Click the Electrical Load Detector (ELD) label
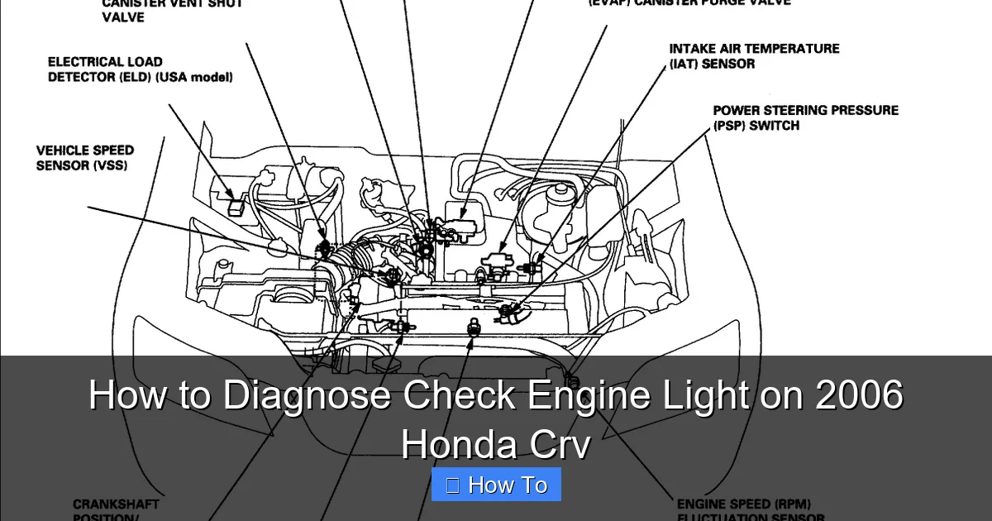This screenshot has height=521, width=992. click(140, 69)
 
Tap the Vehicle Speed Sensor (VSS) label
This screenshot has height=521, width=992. click(84, 158)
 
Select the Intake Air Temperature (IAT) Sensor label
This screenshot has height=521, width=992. click(754, 56)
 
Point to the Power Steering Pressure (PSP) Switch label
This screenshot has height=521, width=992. click(805, 117)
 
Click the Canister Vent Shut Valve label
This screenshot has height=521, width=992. click(172, 10)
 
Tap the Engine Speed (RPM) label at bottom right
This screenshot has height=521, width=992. click(744, 504)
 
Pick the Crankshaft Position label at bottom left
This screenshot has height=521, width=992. click(116, 504)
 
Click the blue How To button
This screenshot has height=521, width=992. click(496, 485)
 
